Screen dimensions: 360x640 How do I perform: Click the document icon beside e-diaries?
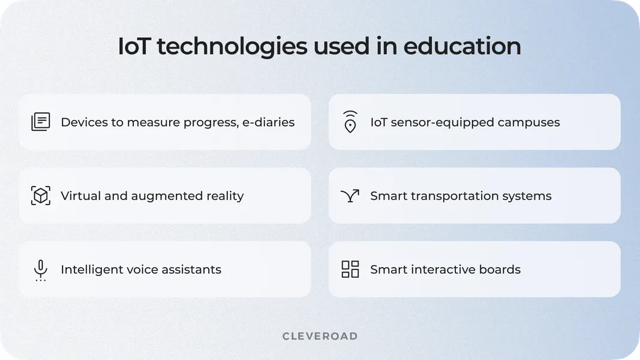pyautogui.click(x=41, y=122)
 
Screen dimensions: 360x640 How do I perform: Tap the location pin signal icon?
pyautogui.click(x=350, y=122)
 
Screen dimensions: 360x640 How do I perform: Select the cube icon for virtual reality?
pyautogui.click(x=41, y=196)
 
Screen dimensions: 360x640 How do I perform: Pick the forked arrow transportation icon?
pyautogui.click(x=350, y=196)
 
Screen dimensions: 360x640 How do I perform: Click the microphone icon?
pyautogui.click(x=41, y=270)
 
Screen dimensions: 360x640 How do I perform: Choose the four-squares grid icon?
pyautogui.click(x=350, y=269)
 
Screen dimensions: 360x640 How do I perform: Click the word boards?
pyautogui.click(x=502, y=269)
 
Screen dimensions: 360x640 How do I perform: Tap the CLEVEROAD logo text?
pyautogui.click(x=320, y=336)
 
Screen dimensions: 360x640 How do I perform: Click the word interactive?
pyautogui.click(x=446, y=269)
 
